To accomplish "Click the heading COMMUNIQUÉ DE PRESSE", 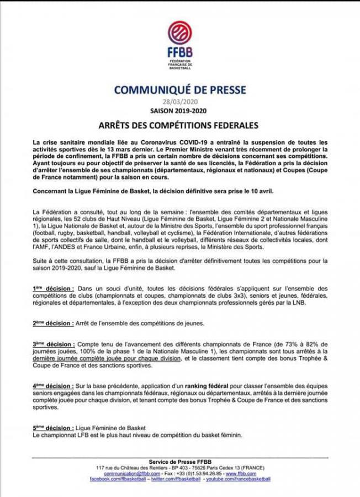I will coord(181,90).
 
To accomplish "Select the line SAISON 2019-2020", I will coord(181,110).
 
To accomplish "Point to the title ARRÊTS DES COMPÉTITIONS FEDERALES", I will coord(181,126).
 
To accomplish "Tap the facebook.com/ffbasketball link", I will coord(118,479).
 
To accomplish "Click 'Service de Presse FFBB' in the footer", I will coord(181,462).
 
